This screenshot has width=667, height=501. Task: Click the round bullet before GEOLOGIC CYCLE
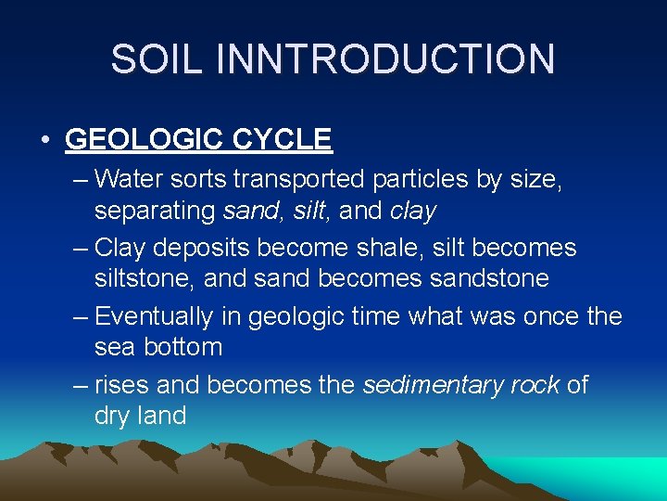[x=45, y=141]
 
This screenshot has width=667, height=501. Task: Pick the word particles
[x=422, y=178]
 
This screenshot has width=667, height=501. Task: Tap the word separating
[x=155, y=211]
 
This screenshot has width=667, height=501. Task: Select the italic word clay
[x=413, y=211]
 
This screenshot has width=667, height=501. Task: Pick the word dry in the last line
[x=112, y=417]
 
